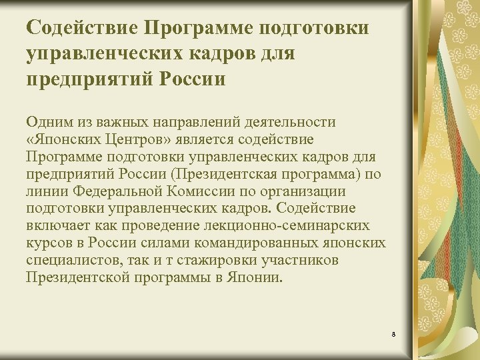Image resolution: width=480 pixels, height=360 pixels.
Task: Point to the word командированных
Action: click(x=246, y=243)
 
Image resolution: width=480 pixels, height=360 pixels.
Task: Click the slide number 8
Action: click(x=394, y=333)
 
